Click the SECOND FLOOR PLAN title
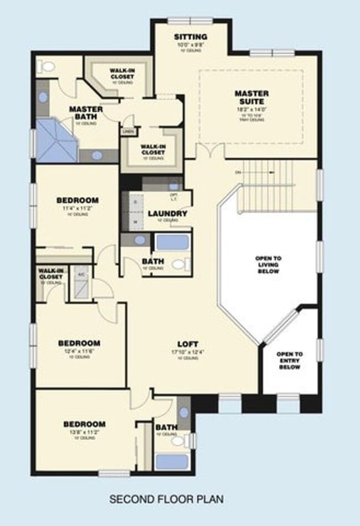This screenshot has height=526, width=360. click(x=166, y=499)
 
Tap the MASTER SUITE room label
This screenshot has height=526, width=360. click(x=251, y=98)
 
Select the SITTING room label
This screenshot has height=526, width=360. click(x=191, y=37)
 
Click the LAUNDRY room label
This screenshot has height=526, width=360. click(x=167, y=213)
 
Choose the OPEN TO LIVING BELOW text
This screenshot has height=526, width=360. click(x=268, y=265)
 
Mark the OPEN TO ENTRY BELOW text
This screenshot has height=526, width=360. click(x=290, y=360)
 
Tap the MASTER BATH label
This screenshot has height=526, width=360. click(x=86, y=113)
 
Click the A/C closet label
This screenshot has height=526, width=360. click(x=81, y=274)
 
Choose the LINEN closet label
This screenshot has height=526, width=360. click(x=127, y=131)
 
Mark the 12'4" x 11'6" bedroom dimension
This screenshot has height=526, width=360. click(x=79, y=351)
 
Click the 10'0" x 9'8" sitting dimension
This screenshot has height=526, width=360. click(x=191, y=44)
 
